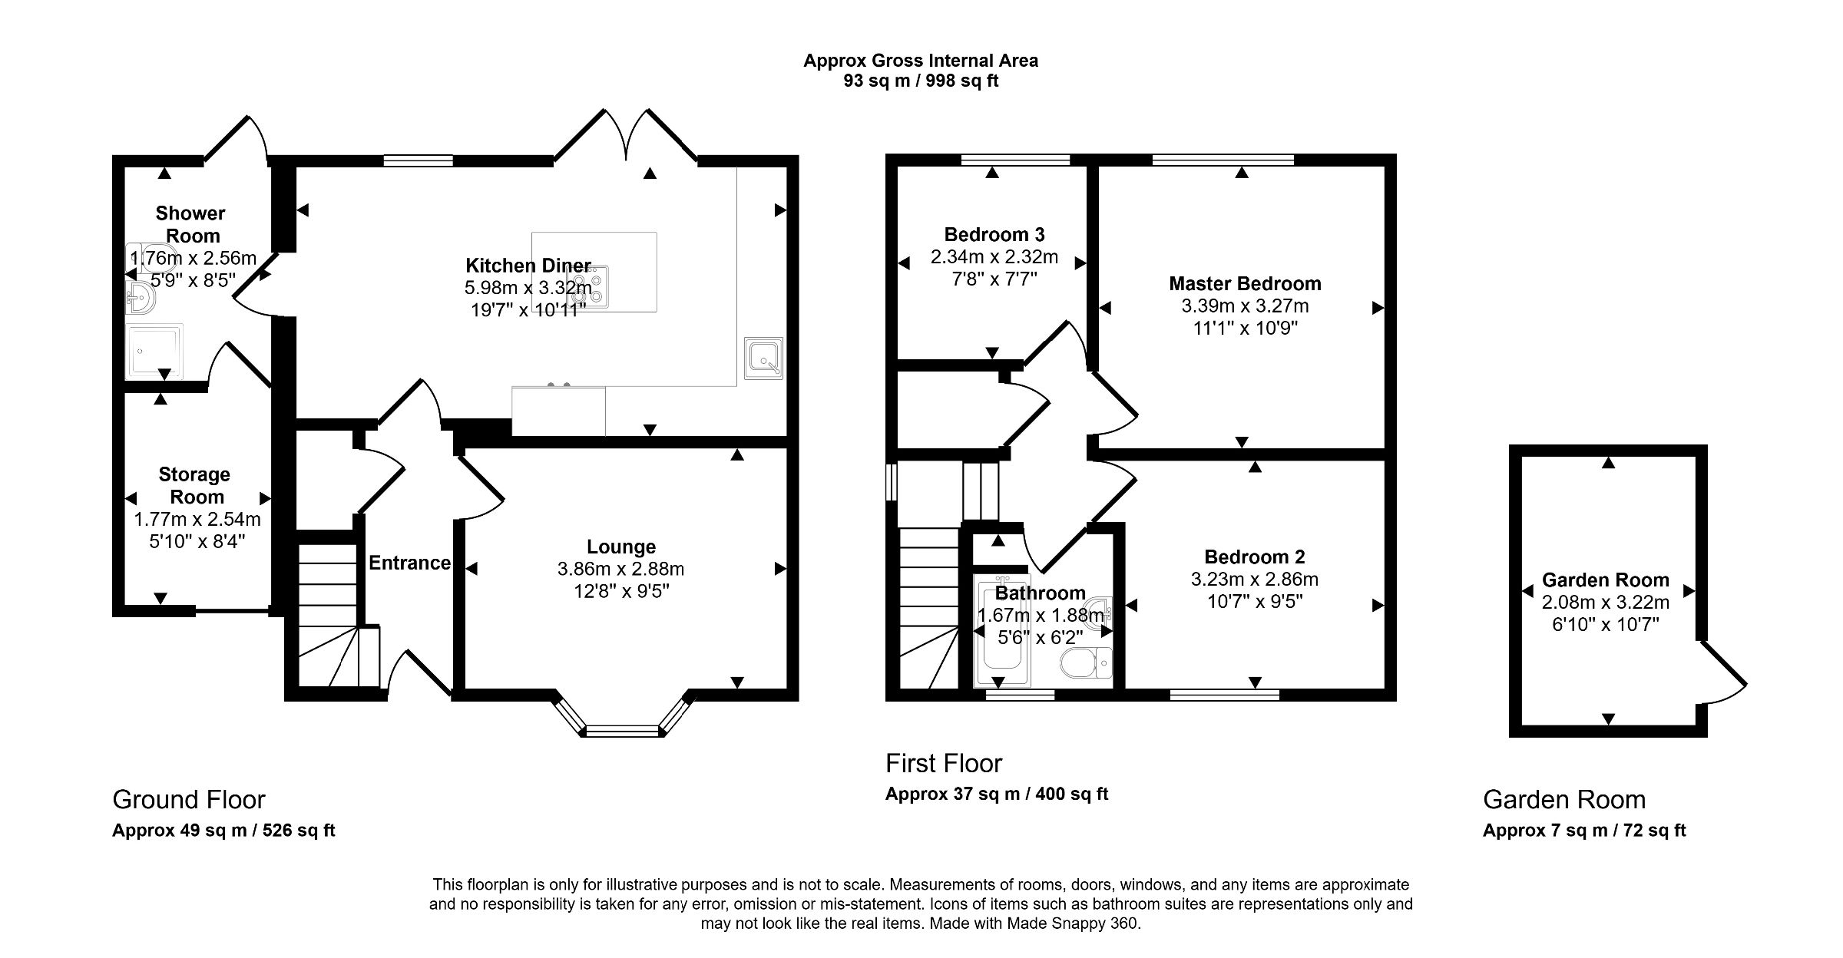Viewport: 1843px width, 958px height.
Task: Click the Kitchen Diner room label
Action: coord(528,266)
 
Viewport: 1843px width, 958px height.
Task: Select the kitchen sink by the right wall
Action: coord(763,358)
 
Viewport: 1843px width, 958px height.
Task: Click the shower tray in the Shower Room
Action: coord(154,352)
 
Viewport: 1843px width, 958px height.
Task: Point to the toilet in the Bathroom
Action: coord(1084,663)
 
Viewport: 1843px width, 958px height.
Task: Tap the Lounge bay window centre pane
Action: coord(622,731)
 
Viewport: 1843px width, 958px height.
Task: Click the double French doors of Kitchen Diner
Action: coord(627,138)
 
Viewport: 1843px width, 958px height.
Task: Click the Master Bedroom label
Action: coord(1245,283)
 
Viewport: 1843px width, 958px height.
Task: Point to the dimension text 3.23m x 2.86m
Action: coord(1254,579)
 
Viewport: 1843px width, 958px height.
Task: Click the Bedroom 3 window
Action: coord(1015,160)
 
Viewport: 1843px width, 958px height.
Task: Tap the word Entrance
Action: coord(409,563)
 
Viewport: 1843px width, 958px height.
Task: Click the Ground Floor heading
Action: coord(189,799)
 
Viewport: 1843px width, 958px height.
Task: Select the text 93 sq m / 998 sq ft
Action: coord(921,81)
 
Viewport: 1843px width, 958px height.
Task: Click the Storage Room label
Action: coord(195,485)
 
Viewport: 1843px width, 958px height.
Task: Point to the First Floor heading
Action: coord(944,763)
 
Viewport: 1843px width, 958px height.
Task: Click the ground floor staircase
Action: coord(329,614)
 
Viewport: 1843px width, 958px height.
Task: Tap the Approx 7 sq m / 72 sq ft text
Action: coord(1584,830)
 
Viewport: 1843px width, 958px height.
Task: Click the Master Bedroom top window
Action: coord(1223,160)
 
